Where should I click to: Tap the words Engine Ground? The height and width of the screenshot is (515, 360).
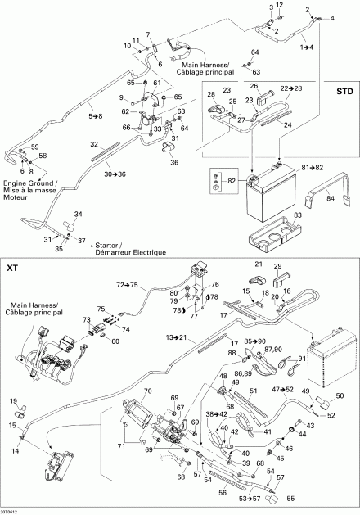tap(19, 185)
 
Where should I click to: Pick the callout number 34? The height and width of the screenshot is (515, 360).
tap(79, 214)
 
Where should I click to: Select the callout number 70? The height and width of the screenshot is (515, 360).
tap(148, 391)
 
